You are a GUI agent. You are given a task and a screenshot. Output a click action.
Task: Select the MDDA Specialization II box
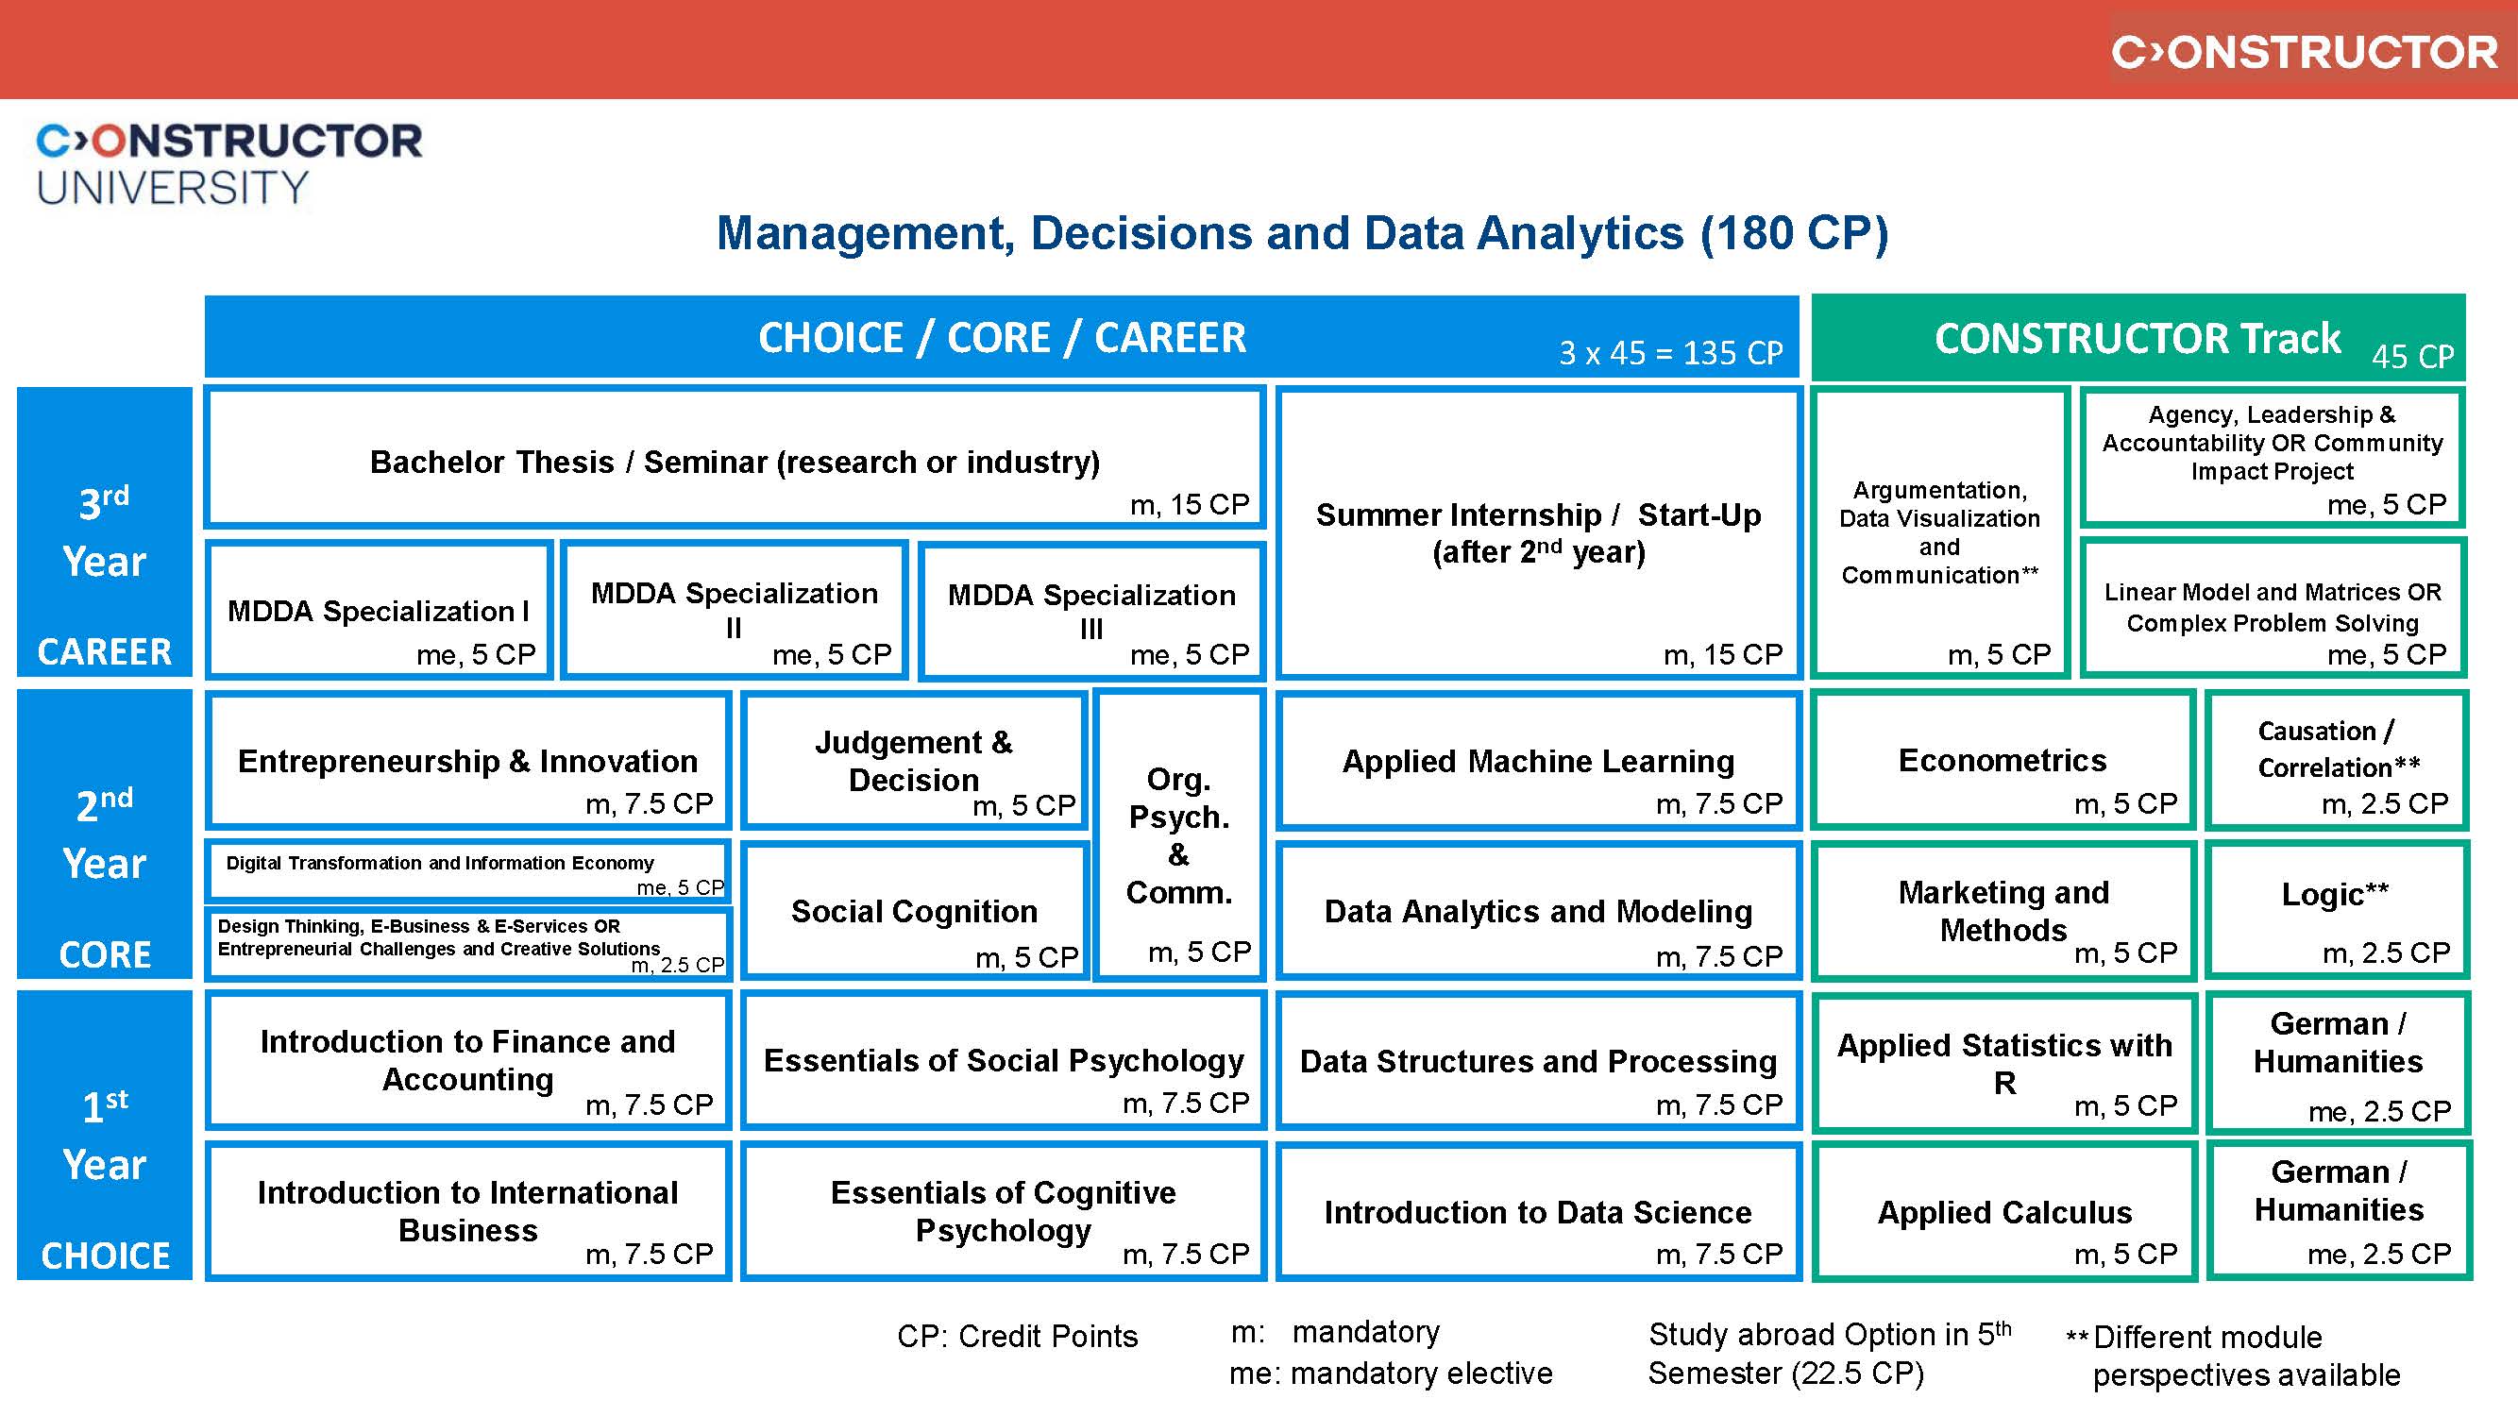tap(735, 611)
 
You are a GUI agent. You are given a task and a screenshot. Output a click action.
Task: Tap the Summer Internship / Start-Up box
tap(1539, 532)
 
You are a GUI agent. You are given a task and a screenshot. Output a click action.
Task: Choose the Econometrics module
tap(2003, 761)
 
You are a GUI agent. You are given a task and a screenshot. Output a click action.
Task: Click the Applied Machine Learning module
tap(1539, 761)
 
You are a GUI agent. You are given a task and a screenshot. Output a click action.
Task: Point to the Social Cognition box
tap(914, 911)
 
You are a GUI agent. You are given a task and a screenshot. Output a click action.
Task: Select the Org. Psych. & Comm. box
tap(1179, 835)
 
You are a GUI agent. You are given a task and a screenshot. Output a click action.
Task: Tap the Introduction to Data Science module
tap(1539, 1212)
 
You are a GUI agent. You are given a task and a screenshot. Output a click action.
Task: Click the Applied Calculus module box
tap(2003, 1212)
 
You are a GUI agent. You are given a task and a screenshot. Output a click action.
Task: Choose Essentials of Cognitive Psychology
tap(1003, 1212)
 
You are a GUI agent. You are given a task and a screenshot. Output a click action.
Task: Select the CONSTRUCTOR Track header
tap(2138, 338)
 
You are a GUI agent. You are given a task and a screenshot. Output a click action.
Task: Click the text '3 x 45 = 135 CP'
tap(1669, 353)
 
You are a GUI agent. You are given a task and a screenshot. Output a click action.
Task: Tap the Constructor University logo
tap(228, 163)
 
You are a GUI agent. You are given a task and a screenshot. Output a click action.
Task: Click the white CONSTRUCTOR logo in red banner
tap(2304, 52)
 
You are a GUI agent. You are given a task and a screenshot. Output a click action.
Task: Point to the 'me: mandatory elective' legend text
tap(1390, 1374)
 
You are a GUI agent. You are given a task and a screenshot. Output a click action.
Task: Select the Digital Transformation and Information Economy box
tap(467, 869)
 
